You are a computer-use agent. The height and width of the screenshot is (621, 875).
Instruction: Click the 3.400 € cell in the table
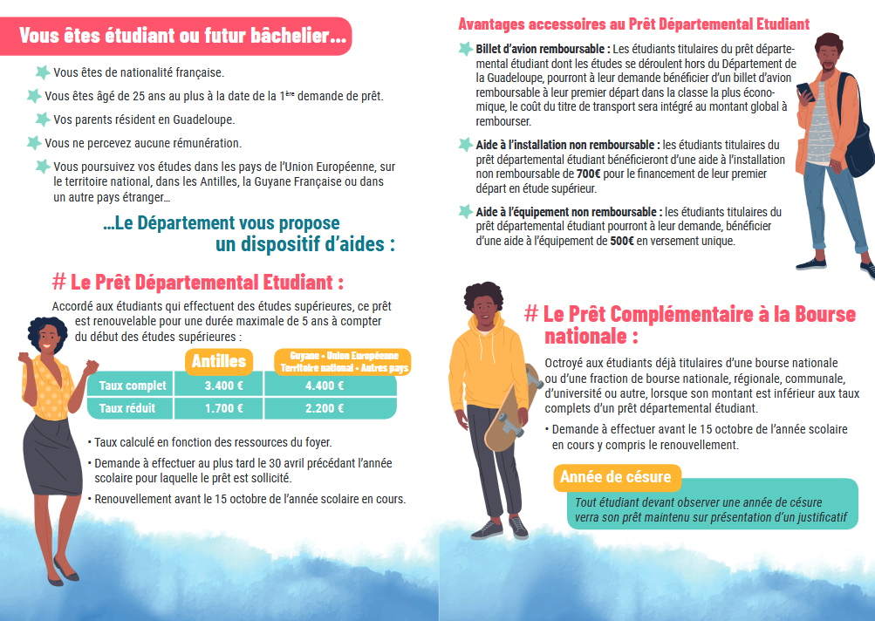tap(224, 386)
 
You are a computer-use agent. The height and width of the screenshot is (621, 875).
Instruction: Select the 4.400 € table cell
tap(324, 386)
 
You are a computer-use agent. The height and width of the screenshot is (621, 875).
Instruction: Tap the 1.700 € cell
tap(224, 407)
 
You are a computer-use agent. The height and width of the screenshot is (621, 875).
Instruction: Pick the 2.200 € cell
tap(324, 407)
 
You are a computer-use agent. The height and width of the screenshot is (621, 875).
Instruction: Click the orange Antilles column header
tap(219, 361)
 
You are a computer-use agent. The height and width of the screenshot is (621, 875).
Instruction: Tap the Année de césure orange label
tap(616, 477)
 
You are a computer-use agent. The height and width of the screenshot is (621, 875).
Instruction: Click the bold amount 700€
tap(589, 174)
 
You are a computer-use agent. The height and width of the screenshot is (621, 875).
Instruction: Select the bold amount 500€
tap(622, 242)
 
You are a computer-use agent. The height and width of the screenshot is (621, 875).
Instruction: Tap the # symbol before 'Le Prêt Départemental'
tap(58, 282)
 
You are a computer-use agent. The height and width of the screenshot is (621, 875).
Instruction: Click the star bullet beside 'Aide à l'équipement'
tap(466, 211)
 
